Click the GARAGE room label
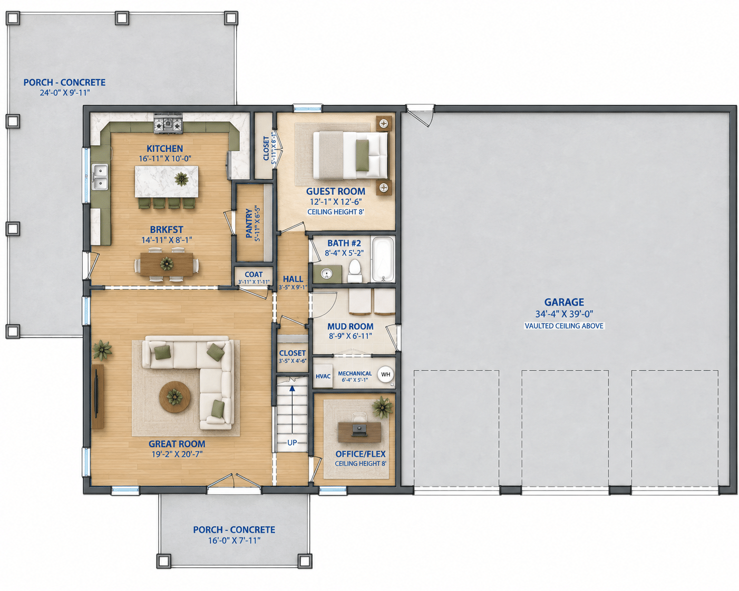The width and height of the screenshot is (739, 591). point(564,302)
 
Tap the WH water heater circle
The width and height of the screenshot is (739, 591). point(385,375)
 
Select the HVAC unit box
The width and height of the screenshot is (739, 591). point(323,376)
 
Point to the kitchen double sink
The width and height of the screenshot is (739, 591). point(100,176)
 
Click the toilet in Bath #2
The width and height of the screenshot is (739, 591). point(354,271)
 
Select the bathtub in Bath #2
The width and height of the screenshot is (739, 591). point(383,259)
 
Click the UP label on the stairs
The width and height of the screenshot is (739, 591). point(292,443)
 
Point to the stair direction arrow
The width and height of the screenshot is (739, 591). point(292,410)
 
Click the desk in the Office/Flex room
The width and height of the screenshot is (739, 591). point(359,432)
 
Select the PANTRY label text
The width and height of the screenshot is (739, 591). point(249,223)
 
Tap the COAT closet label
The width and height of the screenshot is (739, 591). point(254,274)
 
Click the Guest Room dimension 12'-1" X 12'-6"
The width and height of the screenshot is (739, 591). point(336,201)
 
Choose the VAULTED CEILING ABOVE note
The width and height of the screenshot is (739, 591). point(564,326)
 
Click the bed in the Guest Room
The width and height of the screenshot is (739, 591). point(351,155)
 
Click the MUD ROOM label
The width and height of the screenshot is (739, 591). point(351,327)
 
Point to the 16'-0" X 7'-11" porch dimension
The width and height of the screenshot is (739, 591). point(234,540)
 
